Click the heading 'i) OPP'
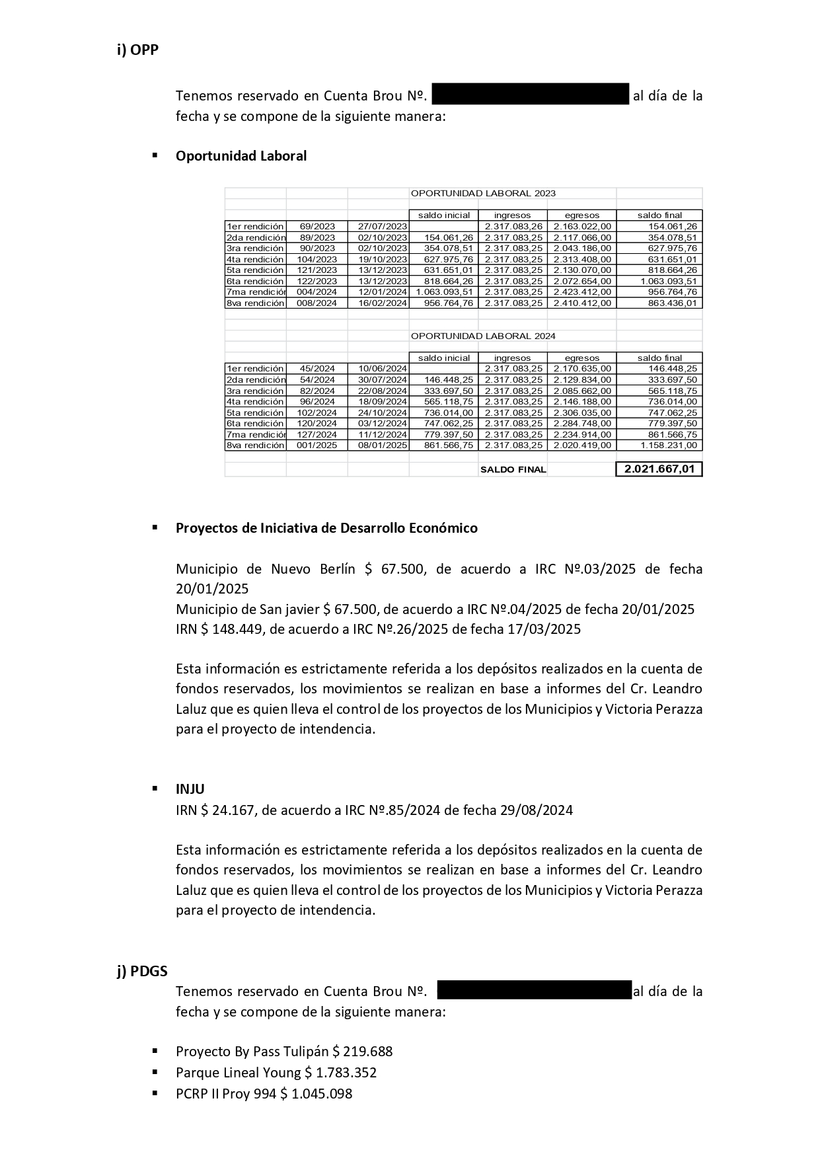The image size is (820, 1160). [137, 50]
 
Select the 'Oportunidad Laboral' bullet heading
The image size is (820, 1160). [241, 156]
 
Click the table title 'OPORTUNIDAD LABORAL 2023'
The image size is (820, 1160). [483, 194]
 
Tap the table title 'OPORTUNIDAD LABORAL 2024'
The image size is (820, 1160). [483, 336]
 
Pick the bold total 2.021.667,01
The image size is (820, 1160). [659, 469]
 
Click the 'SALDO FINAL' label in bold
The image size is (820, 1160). [513, 470]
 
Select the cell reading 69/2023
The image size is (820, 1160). [317, 227]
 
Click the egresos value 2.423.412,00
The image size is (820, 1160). [582, 292]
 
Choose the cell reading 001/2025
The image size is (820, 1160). [317, 445]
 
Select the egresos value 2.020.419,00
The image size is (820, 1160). [582, 445]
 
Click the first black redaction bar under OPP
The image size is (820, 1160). [530, 95]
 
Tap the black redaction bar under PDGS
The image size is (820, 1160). [535, 990]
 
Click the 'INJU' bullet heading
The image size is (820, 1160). [190, 789]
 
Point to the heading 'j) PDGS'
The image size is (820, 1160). [142, 971]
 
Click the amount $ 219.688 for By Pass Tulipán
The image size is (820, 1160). [363, 1051]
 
